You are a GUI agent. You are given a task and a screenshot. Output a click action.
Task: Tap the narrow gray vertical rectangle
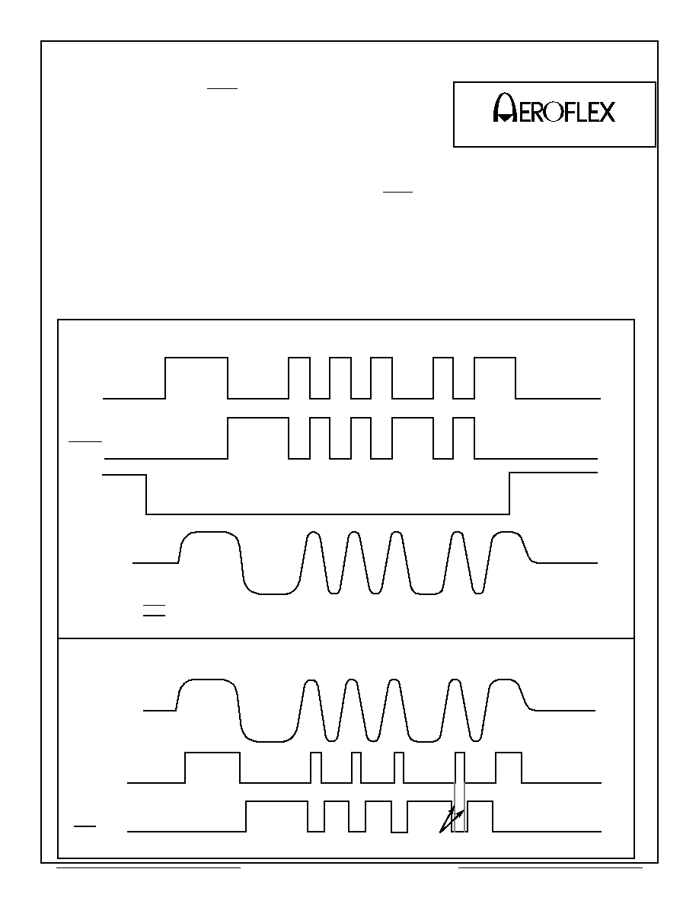459,807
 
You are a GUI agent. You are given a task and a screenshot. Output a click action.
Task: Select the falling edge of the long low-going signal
146,494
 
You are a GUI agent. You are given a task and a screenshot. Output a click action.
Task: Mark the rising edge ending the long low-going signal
509,493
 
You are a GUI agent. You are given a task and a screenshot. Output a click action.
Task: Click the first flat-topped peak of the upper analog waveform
209,533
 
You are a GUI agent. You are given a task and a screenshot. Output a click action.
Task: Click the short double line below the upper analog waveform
154,610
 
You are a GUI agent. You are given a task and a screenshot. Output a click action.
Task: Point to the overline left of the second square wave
85,441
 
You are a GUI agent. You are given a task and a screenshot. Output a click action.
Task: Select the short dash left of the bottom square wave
85,826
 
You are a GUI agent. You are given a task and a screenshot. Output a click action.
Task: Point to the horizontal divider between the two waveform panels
346,638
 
